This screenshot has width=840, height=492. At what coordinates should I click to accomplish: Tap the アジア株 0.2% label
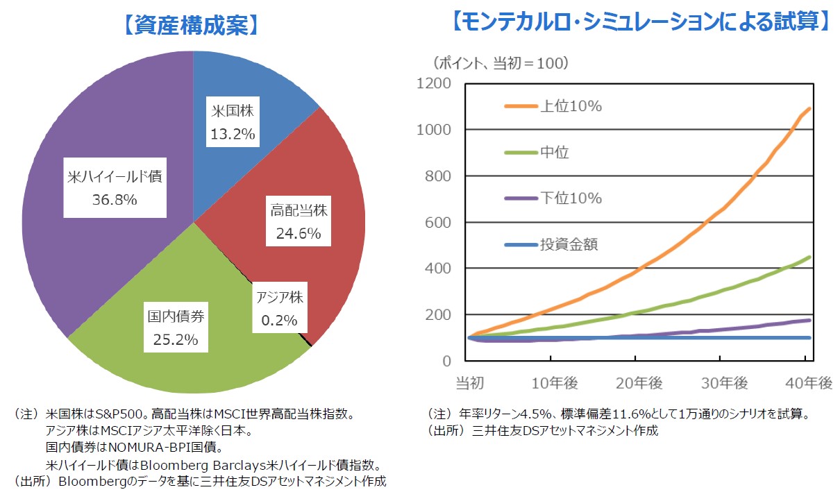[x=279, y=309]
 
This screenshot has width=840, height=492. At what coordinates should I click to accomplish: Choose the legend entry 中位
[x=554, y=153]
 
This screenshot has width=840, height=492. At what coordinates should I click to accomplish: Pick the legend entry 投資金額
[x=569, y=244]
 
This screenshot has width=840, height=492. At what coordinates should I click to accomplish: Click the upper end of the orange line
[x=809, y=108]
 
